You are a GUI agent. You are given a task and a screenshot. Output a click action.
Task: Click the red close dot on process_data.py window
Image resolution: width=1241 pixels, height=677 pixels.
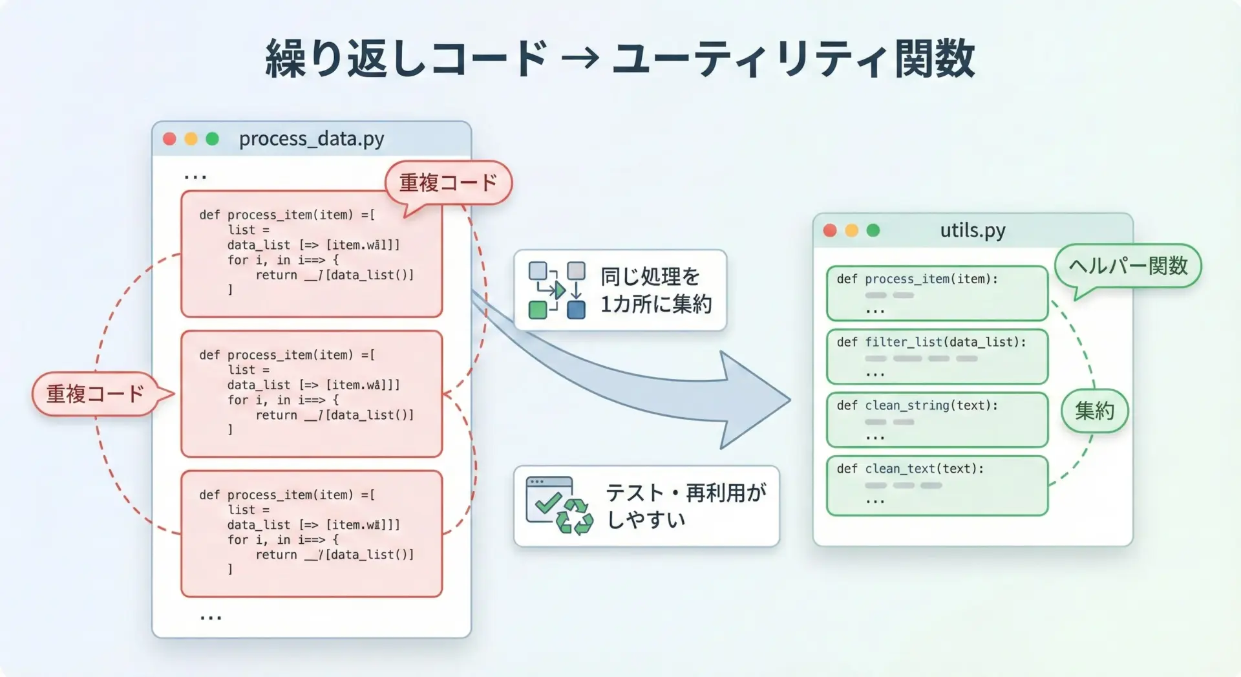point(169,139)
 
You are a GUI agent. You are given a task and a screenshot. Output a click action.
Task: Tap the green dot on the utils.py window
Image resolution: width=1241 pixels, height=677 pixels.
point(873,230)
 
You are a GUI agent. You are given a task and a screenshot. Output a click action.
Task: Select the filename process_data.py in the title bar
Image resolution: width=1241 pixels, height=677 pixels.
point(312,138)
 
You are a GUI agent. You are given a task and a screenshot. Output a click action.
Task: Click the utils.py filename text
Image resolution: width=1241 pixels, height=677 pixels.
point(973,230)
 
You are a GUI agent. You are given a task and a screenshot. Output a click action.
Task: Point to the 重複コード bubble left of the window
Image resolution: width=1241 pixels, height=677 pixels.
point(95,394)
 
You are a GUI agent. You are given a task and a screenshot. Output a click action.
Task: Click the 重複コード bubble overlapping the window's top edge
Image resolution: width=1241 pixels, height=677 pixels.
point(448,183)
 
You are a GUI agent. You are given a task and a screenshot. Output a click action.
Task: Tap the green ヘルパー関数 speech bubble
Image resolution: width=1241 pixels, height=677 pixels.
point(1128,266)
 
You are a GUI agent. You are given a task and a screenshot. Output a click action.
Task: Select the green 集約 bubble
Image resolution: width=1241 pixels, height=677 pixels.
point(1094,411)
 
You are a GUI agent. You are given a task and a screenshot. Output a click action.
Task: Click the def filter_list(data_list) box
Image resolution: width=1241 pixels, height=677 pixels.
point(937,356)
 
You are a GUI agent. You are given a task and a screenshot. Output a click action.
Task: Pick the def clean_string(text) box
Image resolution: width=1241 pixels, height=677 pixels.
point(937,420)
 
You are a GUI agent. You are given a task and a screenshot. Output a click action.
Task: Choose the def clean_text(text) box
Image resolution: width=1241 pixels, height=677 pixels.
point(937,485)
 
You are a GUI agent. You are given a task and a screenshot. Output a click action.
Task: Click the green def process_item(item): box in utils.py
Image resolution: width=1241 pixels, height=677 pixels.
point(937,293)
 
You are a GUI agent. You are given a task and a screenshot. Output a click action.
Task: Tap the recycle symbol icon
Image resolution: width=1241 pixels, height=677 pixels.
point(575,517)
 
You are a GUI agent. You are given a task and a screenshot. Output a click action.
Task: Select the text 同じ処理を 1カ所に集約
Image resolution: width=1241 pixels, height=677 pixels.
point(655,290)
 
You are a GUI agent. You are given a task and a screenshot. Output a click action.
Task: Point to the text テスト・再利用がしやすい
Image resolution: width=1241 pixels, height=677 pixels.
point(685,506)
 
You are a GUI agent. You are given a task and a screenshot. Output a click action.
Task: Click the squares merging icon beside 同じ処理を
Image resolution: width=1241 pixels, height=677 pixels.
point(557,290)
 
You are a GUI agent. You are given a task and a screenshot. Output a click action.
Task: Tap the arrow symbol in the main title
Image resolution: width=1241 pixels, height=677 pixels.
point(580,59)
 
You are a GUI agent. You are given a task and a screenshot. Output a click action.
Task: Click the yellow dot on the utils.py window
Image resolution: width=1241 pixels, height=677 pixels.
point(852,230)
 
